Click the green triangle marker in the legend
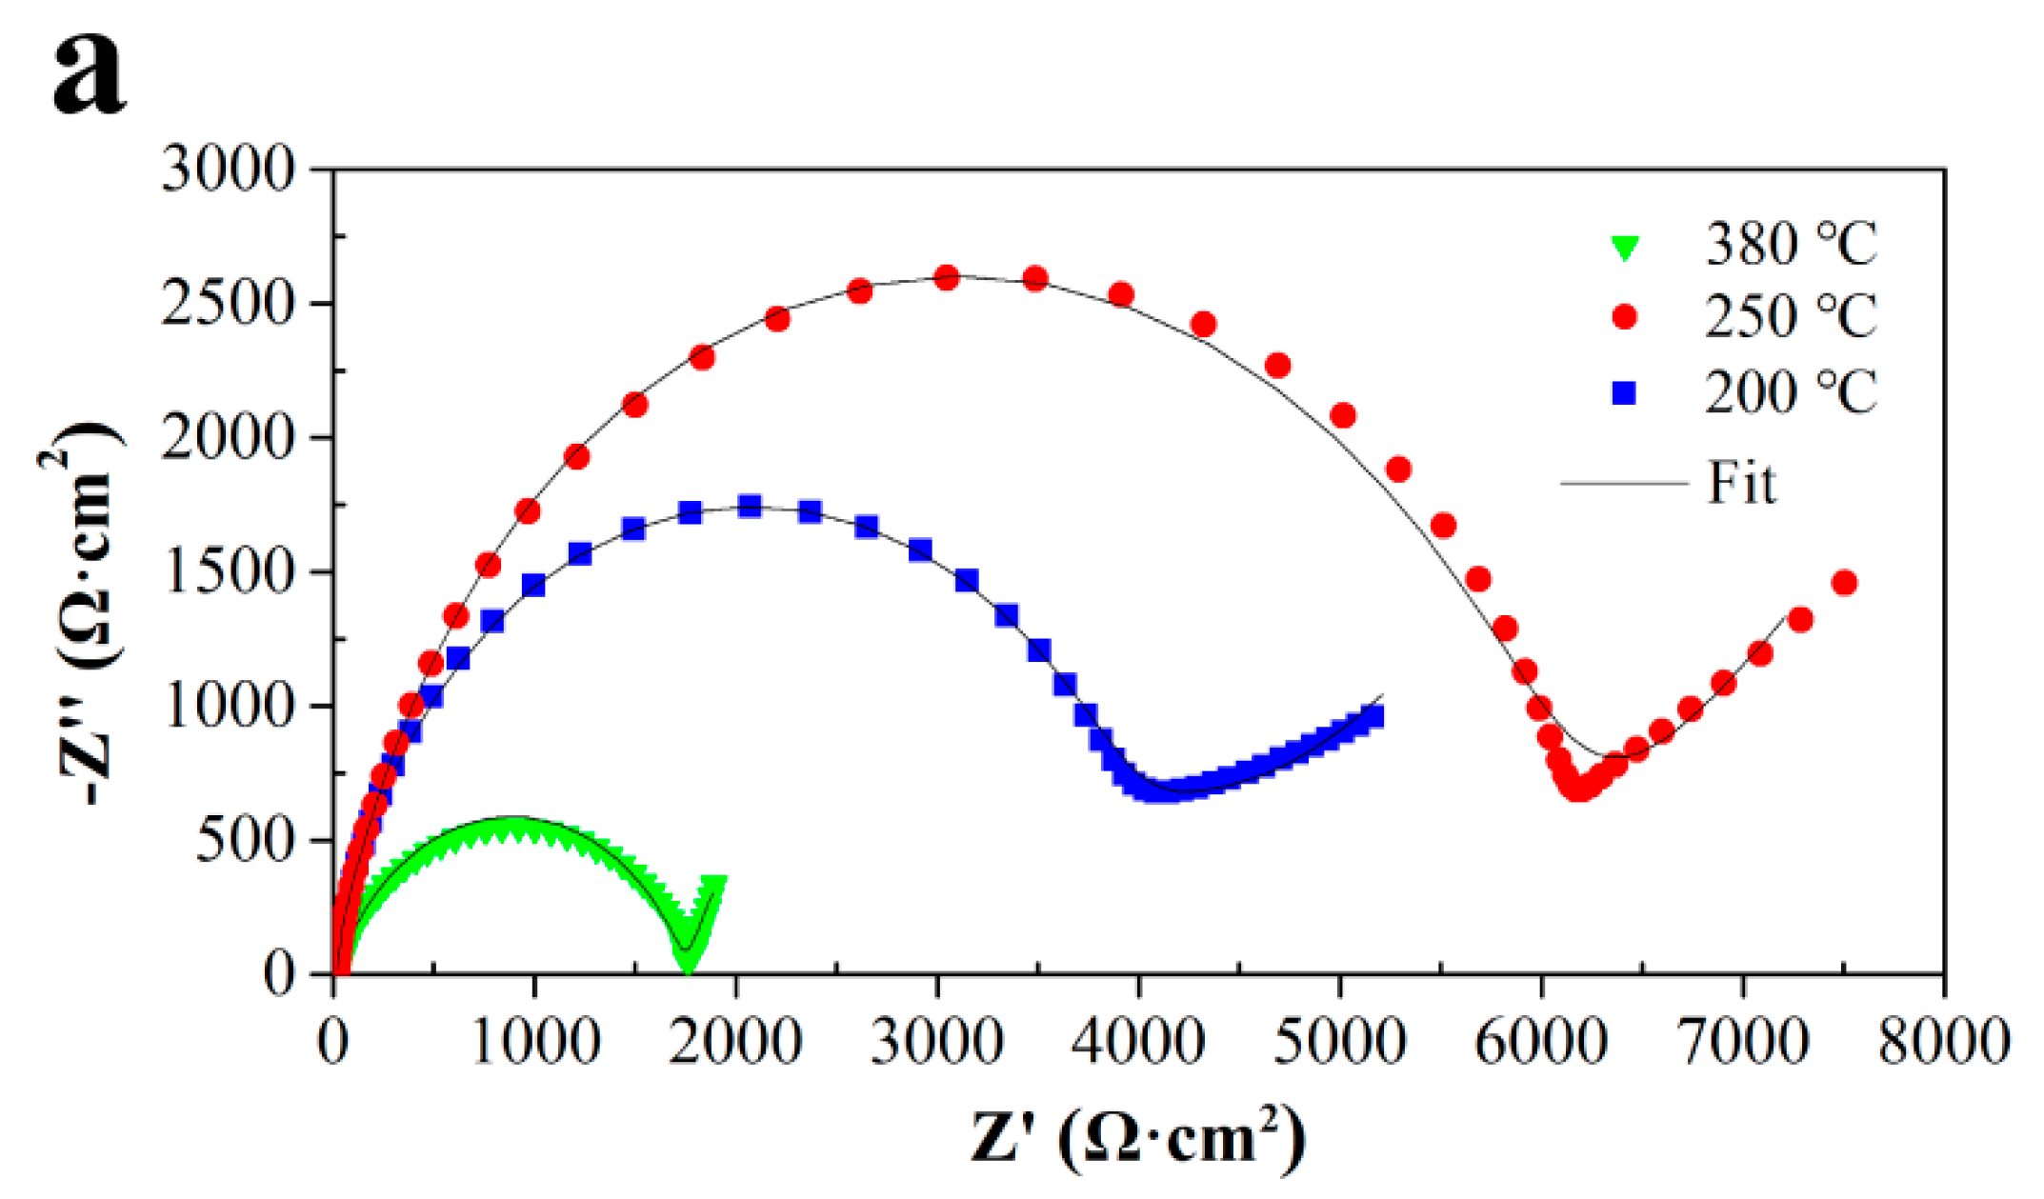[1624, 248]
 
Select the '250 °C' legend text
[1790, 317]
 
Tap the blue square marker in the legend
[1624, 392]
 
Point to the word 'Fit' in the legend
[1740, 484]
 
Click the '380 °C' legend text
[1790, 245]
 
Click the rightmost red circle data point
[1844, 583]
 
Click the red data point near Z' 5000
[1343, 415]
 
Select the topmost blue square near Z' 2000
[750, 505]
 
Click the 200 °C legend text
[1790, 392]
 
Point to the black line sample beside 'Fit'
[1623, 484]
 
